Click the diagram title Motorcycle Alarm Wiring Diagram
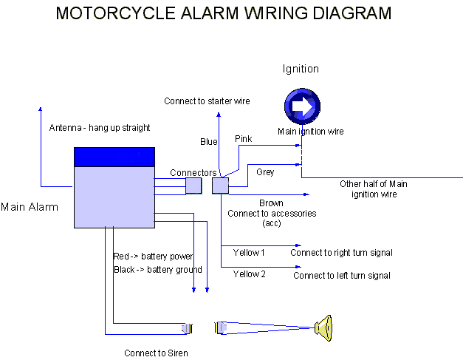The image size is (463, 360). tap(224, 13)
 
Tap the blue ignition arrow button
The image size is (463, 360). tap(303, 107)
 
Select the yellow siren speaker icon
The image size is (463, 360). tap(323, 327)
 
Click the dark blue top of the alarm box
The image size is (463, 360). tap(114, 157)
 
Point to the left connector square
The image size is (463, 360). tap(193, 185)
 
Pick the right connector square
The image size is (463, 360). tap(220, 185)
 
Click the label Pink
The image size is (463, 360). tap(243, 139)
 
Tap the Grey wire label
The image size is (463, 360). tap(265, 172)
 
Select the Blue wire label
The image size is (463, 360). tap(209, 142)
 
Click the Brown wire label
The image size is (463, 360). tap(271, 203)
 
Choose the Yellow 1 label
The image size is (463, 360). tap(249, 253)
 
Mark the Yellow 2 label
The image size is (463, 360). tap(249, 274)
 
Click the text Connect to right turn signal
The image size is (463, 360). tap(341, 253)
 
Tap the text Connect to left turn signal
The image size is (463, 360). tap(341, 276)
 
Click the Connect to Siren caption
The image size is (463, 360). tap(156, 353)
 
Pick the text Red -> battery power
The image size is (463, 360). tap(153, 257)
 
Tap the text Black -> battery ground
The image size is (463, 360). tap(157, 270)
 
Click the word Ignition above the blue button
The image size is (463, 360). tap(301, 69)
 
